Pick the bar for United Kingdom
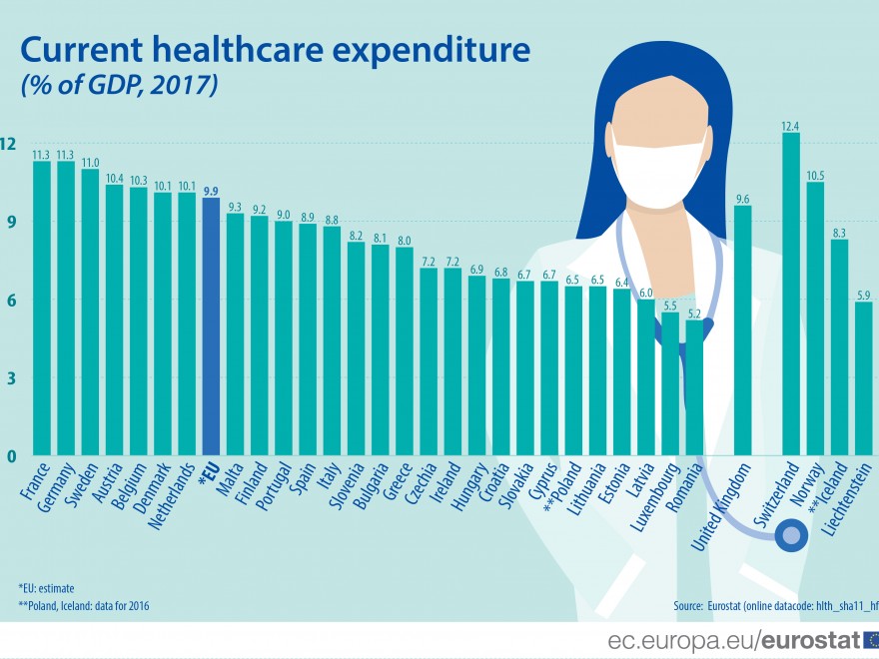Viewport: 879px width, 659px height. point(742,330)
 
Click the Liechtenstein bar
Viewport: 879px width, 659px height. point(863,378)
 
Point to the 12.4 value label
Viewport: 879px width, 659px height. point(790,125)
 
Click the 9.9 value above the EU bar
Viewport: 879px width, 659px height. point(210,190)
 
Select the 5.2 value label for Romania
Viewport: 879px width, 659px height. point(694,313)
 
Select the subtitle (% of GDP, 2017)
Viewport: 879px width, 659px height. point(119,86)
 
